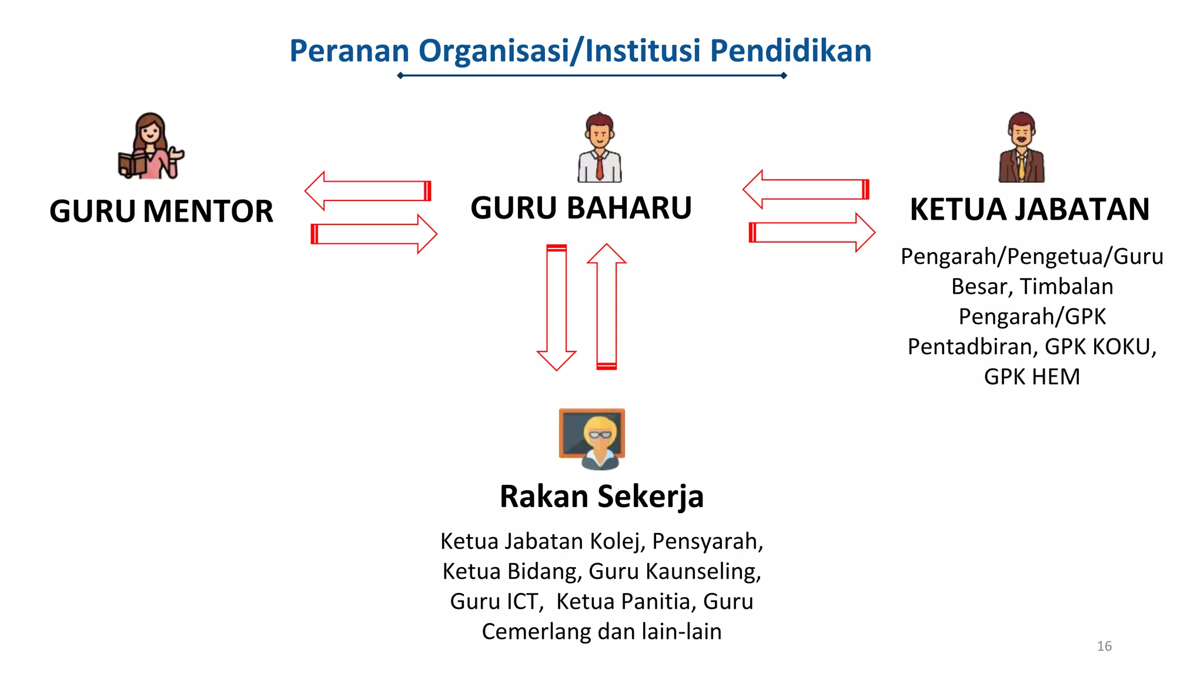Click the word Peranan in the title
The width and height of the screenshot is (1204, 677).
tap(349, 51)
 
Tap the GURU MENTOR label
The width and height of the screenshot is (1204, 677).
tap(161, 212)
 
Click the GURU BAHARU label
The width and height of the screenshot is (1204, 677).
tap(581, 208)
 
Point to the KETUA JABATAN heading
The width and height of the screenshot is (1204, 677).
tap(1030, 210)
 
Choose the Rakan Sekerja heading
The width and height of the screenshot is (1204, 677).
tap(601, 497)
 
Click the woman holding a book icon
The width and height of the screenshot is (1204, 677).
tap(150, 146)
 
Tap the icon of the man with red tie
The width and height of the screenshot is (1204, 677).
tap(600, 147)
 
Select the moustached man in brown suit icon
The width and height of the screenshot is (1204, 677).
tap(1022, 147)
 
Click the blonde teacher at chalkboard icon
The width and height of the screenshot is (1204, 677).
tap(592, 438)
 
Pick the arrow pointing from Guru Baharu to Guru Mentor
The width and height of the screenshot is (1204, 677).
tap(368, 191)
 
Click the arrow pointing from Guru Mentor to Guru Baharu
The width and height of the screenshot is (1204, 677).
tap(374, 234)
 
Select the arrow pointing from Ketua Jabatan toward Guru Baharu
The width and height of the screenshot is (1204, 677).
tap(806, 189)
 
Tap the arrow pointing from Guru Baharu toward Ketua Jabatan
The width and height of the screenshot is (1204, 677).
tap(812, 233)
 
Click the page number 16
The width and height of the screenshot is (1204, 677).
tap(1104, 646)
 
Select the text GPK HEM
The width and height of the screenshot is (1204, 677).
tap(1032, 377)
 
